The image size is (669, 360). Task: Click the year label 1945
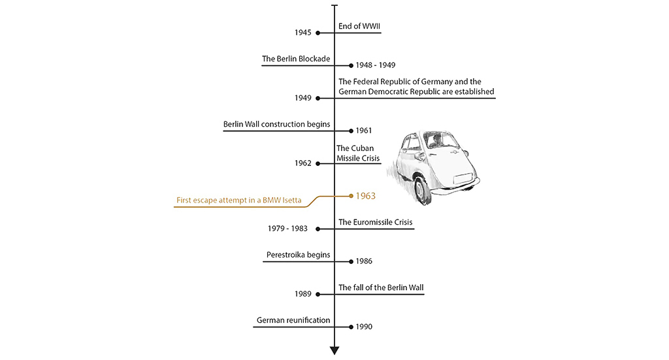303,33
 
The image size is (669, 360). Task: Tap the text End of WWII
359,26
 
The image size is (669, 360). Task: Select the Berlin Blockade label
296,59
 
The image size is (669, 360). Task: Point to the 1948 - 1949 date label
376,65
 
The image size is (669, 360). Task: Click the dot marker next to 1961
351,131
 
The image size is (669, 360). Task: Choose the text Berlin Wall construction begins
276,125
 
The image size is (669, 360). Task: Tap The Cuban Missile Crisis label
358,153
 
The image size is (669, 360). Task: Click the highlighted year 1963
366,196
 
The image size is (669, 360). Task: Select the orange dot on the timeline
351,196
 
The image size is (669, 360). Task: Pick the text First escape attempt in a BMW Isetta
239,201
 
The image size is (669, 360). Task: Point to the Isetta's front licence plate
463,179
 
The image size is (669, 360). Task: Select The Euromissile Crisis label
376,222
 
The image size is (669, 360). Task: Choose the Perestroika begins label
298,255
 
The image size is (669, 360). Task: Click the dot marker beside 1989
318,294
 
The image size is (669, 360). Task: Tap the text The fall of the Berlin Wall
381,288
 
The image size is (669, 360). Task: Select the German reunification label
293,320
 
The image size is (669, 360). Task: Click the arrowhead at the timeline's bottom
334,351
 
